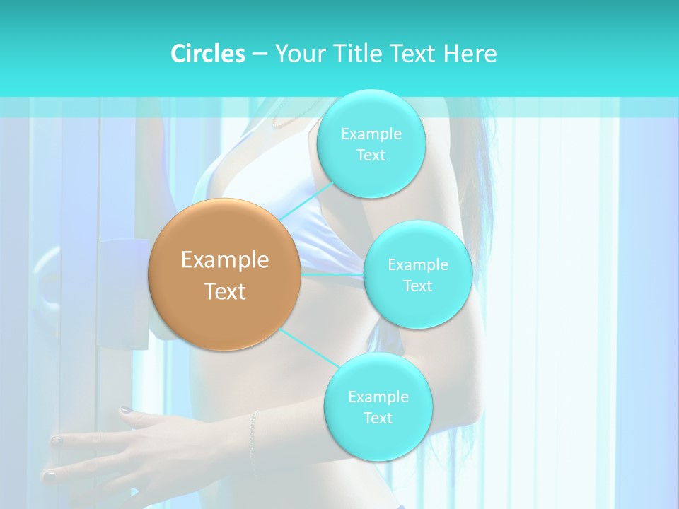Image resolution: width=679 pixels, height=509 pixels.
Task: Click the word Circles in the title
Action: pos(207,54)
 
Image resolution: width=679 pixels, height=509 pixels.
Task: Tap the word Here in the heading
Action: pos(470,54)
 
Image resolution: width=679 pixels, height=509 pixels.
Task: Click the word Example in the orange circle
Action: pos(225,260)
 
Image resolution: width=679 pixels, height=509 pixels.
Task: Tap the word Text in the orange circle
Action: pos(225,291)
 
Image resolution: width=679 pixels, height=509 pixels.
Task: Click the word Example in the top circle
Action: pos(371,134)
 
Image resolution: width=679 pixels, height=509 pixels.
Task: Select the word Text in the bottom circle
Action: pos(378,418)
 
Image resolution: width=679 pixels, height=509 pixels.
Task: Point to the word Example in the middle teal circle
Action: pos(417,264)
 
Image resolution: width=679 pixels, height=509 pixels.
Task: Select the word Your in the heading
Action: pos(297,54)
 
